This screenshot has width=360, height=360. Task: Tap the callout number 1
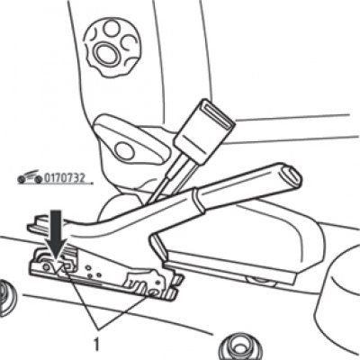coord(96,344)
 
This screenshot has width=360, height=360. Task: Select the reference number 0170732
coord(65,178)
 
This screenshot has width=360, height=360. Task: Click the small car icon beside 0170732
coord(30,177)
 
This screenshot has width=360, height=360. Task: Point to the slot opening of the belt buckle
coord(217,114)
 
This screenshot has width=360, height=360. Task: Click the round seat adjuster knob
coord(112,47)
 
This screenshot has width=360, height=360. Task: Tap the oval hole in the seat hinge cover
coord(124,151)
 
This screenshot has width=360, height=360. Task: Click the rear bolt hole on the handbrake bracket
coord(154,292)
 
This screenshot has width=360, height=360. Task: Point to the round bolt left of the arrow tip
coord(46,266)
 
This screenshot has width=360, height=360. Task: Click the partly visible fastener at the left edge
coord(6,298)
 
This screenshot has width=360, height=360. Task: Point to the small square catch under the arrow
coord(66,266)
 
